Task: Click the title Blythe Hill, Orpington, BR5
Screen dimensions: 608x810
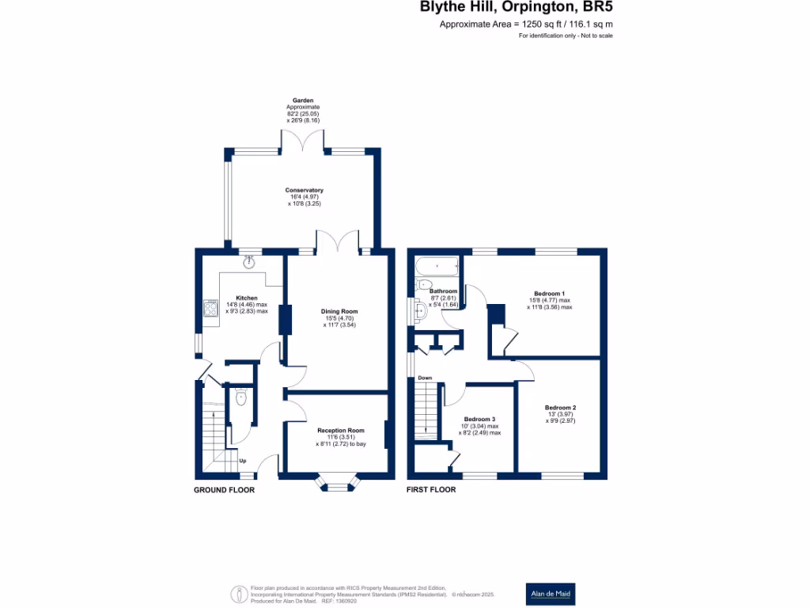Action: pyautogui.click(x=516, y=8)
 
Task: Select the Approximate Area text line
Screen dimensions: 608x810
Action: pyautogui.click(x=526, y=25)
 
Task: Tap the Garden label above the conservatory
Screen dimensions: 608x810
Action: pyautogui.click(x=304, y=101)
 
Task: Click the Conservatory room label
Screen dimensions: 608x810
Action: pyautogui.click(x=305, y=190)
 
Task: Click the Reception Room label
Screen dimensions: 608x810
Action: pyautogui.click(x=340, y=430)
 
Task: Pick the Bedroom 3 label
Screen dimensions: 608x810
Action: pyautogui.click(x=480, y=419)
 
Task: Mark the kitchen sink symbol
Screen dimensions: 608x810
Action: pyautogui.click(x=250, y=262)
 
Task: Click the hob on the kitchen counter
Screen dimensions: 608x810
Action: pyautogui.click(x=210, y=308)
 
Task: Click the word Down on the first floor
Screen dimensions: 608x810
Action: pyautogui.click(x=425, y=378)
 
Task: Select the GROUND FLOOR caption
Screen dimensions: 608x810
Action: pyautogui.click(x=225, y=490)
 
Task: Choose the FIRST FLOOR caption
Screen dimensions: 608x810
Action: pyautogui.click(x=431, y=490)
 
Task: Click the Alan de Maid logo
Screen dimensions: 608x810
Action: pyautogui.click(x=551, y=594)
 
